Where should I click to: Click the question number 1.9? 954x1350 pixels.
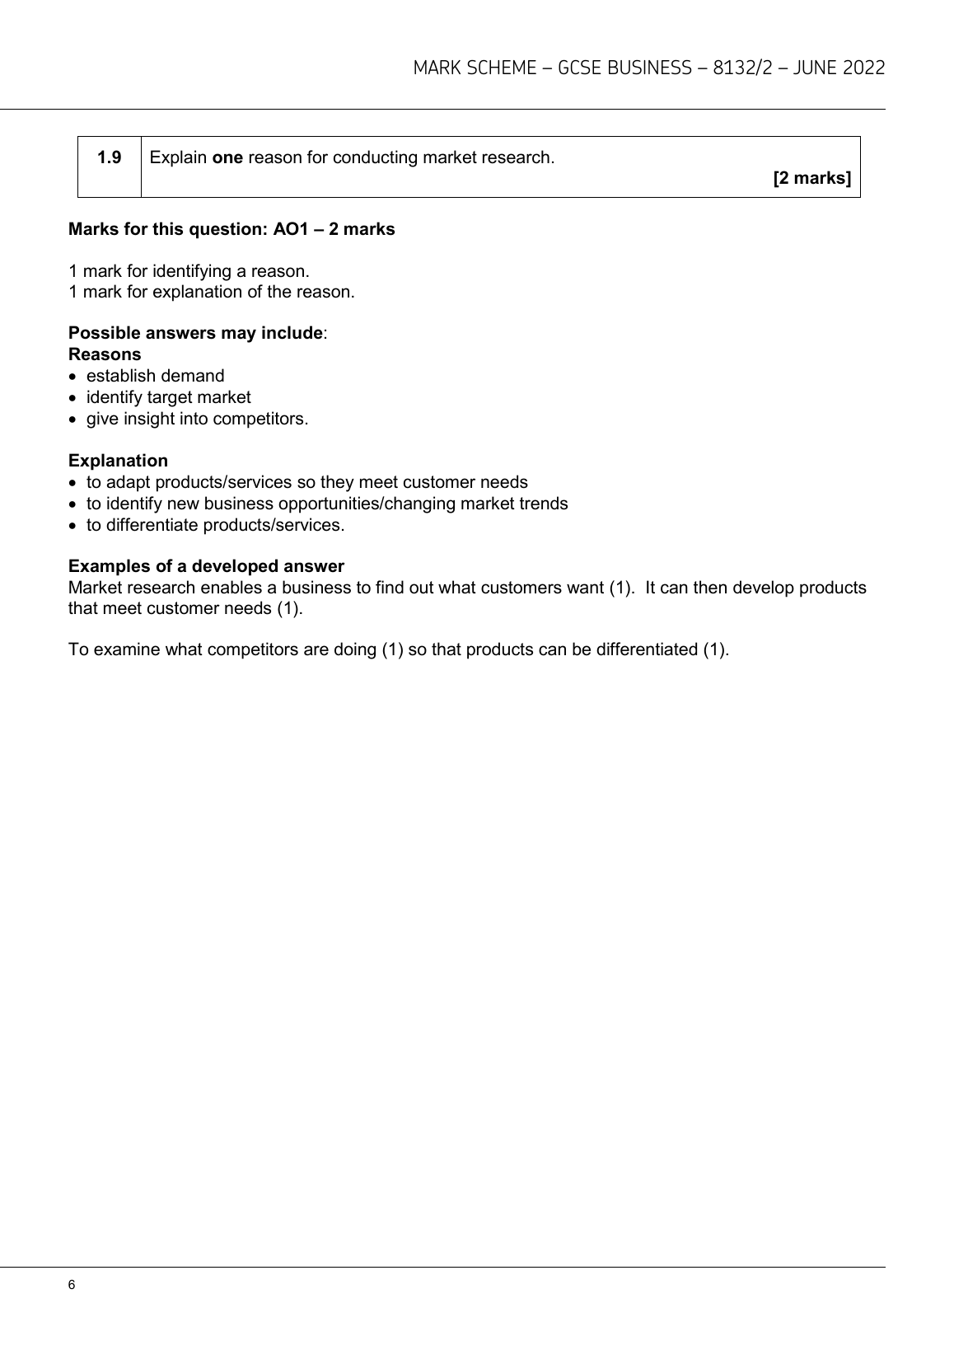click(109, 157)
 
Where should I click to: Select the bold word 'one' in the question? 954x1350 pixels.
click(227, 157)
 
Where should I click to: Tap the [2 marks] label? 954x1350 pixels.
click(811, 177)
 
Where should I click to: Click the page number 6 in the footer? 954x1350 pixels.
click(72, 1286)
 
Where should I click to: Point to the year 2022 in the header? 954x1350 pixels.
click(864, 68)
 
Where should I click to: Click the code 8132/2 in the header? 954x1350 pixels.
click(741, 68)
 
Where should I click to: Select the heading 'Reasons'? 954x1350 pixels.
click(105, 354)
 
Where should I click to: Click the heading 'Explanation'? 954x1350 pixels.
click(118, 461)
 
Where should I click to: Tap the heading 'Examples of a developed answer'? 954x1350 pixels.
click(206, 566)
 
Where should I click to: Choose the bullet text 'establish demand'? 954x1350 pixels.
click(155, 376)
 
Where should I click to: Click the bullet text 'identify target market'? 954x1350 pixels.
click(168, 397)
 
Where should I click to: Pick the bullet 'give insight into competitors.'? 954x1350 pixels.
click(197, 419)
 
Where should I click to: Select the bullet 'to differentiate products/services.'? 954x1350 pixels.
click(215, 525)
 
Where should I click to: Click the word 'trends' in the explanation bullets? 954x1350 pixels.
click(543, 504)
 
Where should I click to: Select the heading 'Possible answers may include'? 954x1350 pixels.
click(195, 333)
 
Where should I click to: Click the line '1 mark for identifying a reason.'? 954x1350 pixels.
click(189, 270)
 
